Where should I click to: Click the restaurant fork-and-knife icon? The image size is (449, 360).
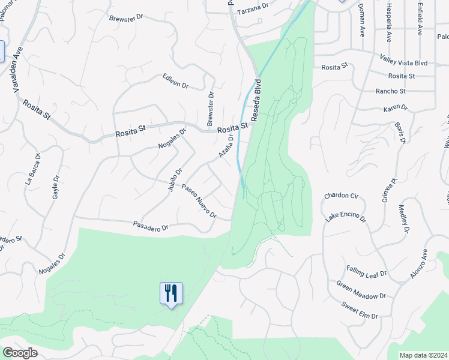click(x=171, y=293)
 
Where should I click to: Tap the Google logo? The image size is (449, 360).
click(x=20, y=353)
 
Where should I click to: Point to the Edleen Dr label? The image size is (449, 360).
click(x=175, y=82)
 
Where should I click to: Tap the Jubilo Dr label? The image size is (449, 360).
click(x=175, y=179)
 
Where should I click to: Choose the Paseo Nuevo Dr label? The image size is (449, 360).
click(x=199, y=200)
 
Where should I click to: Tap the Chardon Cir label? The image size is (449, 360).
click(x=341, y=196)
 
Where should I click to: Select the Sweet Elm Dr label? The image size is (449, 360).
click(x=360, y=311)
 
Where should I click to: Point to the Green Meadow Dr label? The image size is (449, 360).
click(x=361, y=290)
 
